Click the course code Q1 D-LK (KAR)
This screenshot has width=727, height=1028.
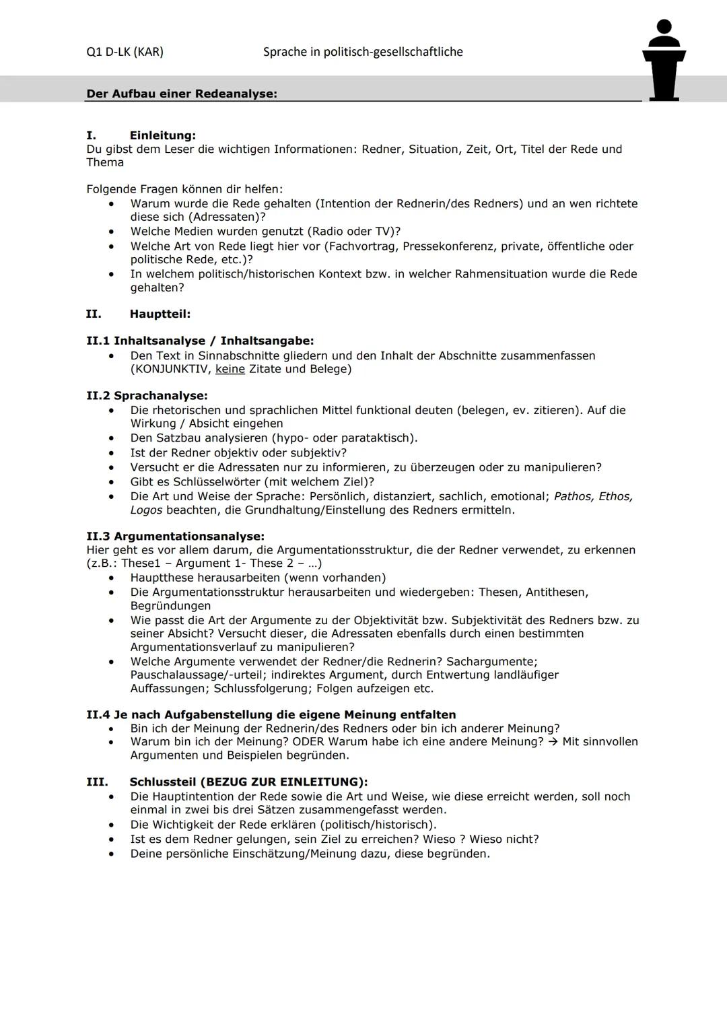tap(125, 52)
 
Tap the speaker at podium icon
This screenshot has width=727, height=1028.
tap(664, 61)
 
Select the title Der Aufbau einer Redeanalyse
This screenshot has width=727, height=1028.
tap(182, 94)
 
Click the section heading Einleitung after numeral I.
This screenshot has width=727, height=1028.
tap(162, 135)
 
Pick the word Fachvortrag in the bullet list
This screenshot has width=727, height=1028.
tap(361, 246)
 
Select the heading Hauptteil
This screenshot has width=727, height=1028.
tap(160, 314)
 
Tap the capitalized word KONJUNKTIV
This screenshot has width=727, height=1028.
tap(171, 369)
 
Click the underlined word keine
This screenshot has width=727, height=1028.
tap(230, 369)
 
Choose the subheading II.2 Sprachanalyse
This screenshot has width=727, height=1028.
tap(147, 396)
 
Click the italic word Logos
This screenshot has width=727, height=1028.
tap(146, 510)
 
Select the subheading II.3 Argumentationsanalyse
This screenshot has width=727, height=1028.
tap(175, 537)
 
